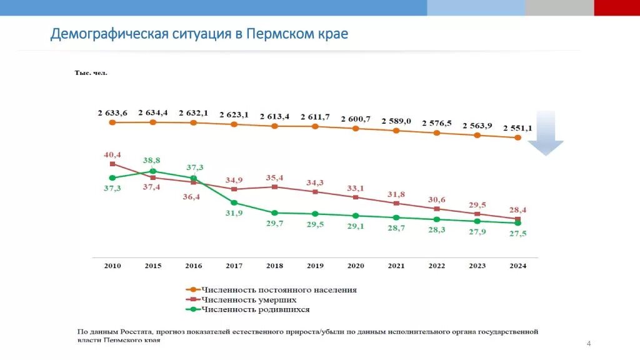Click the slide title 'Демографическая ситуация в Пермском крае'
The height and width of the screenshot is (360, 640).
[x=199, y=33]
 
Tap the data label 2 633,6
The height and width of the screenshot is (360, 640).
[x=112, y=113]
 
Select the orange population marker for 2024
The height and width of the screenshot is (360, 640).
[x=517, y=137]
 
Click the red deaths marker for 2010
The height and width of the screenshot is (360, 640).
[x=112, y=164]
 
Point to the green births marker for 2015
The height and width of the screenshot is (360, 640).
[x=153, y=171]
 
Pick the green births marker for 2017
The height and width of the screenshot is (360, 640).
[x=234, y=202]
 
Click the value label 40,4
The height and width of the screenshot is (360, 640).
[x=112, y=154]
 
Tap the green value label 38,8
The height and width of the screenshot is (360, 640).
[x=153, y=160]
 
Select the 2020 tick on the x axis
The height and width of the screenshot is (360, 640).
[x=356, y=266]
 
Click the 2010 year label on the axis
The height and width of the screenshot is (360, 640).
[x=112, y=266]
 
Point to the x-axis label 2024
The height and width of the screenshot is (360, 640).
[x=517, y=266]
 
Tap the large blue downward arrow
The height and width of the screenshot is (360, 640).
[x=545, y=132]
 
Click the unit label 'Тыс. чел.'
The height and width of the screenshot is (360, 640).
[x=91, y=73]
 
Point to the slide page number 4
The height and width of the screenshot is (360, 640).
[x=588, y=344]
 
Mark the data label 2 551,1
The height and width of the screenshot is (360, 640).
[x=517, y=128]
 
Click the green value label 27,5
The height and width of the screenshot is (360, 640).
[x=517, y=233]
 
